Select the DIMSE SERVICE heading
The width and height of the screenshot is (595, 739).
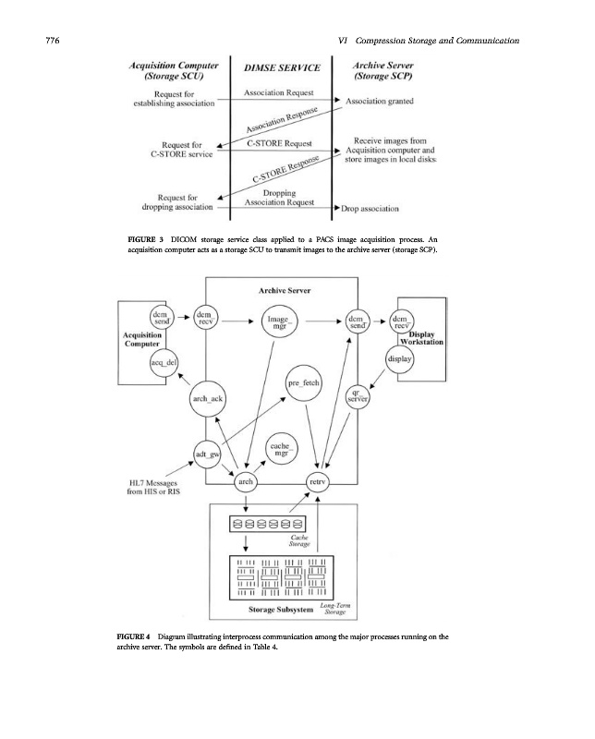(282, 67)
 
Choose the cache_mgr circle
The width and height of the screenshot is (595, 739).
(282, 450)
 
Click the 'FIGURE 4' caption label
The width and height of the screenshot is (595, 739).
(145, 636)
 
